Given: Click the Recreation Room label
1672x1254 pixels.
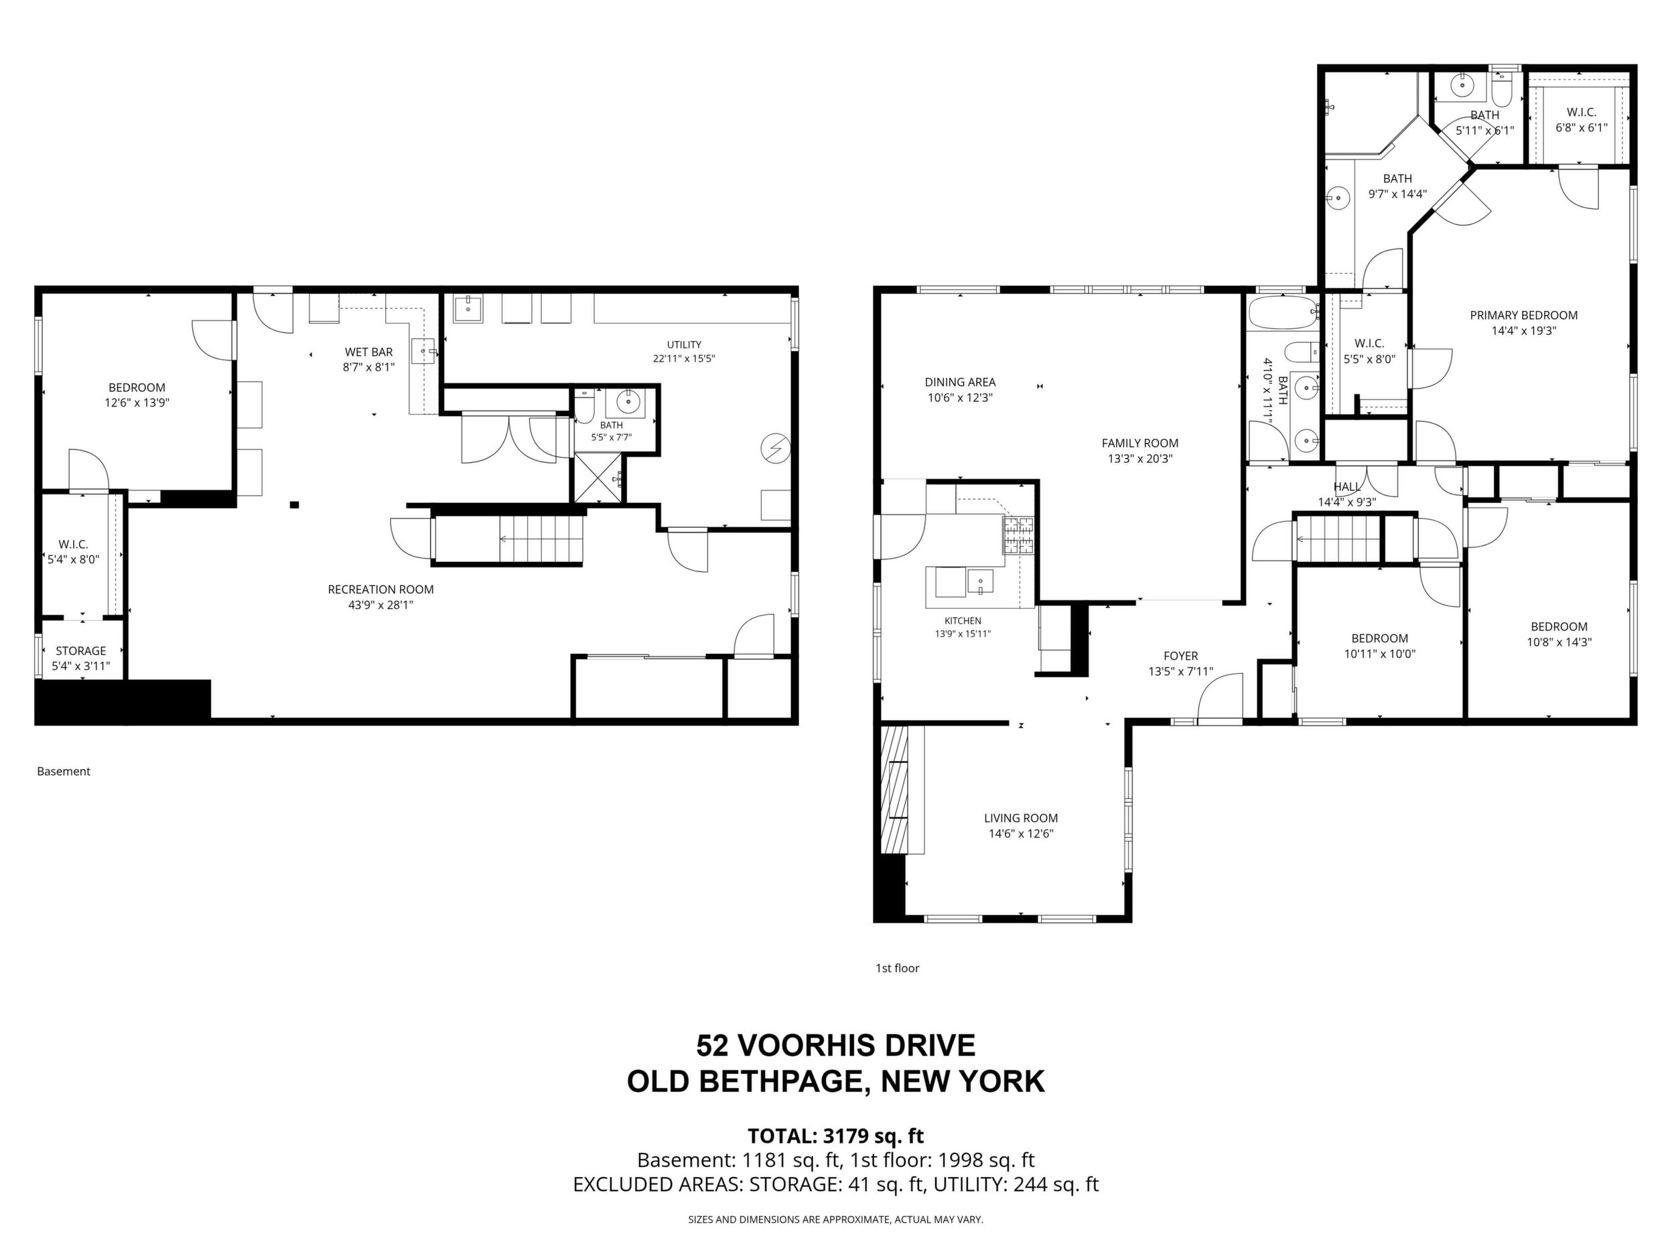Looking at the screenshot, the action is tap(380, 589).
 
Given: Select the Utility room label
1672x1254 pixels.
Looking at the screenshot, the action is tap(684, 345).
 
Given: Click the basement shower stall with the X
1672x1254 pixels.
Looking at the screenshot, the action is tap(599, 478).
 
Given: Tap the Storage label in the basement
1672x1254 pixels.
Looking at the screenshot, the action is tap(81, 651).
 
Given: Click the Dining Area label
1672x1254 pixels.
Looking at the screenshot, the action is tap(960, 382).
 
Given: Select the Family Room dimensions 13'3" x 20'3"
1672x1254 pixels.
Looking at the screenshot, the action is tap(1140, 459).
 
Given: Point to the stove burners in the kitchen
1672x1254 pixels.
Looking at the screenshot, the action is tap(1018, 536).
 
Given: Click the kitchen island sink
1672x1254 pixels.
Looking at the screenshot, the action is tap(981, 581).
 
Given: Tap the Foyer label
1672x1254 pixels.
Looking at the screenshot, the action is tap(1181, 656).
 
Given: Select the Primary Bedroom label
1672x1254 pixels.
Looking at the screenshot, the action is tap(1523, 316).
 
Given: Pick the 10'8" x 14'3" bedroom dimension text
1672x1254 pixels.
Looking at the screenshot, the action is tap(1559, 642).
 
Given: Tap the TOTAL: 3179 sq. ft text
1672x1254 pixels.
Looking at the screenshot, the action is tap(835, 1136).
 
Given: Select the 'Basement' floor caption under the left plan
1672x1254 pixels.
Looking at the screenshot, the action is tap(64, 772).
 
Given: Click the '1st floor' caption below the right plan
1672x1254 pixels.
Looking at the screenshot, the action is tap(897, 968).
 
